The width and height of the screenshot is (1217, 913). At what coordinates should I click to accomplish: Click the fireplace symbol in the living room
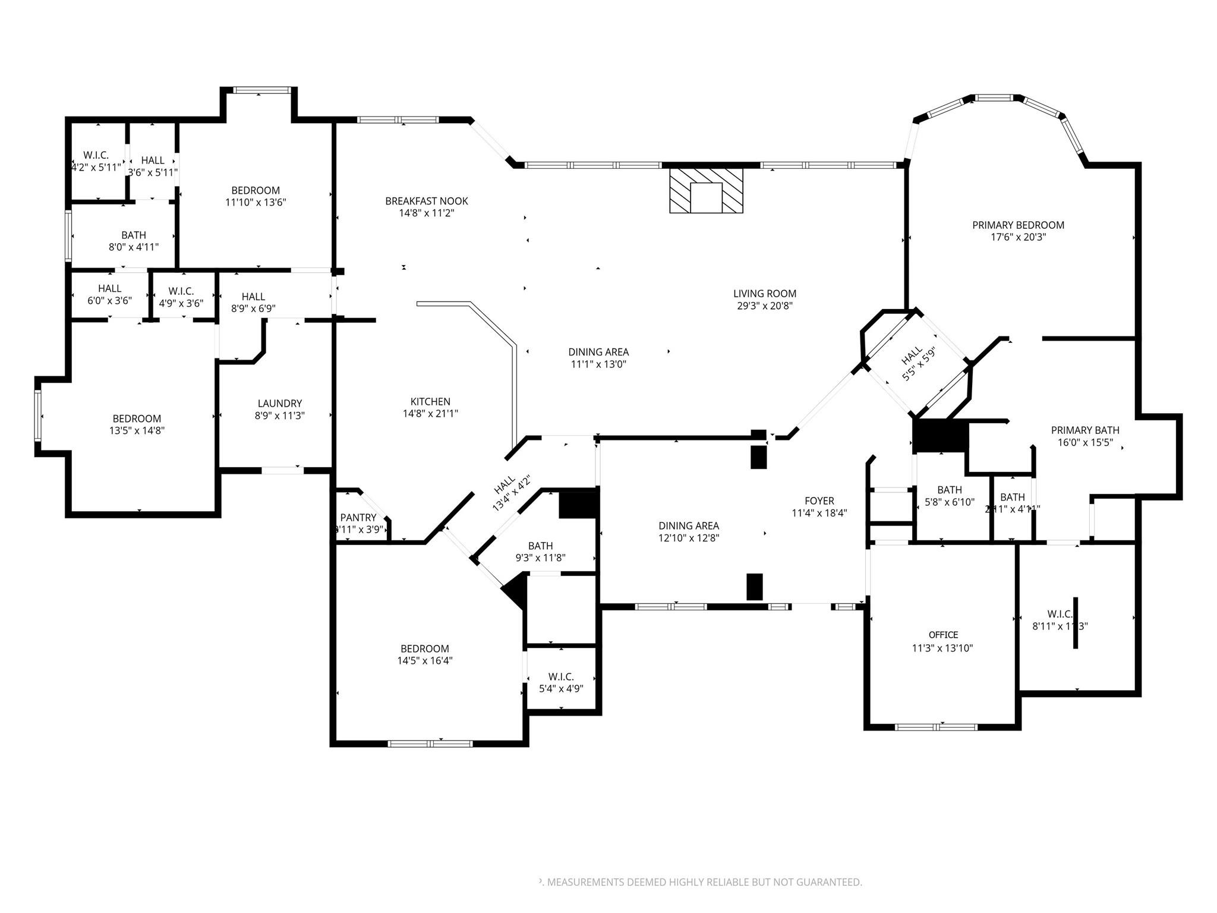click(x=706, y=191)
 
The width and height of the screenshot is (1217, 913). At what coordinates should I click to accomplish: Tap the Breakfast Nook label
click(x=426, y=201)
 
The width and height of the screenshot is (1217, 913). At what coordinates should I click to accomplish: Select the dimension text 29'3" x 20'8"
click(x=764, y=306)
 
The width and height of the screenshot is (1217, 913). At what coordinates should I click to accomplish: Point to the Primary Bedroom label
click(x=1018, y=225)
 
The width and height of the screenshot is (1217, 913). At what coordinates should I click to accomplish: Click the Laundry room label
click(x=279, y=404)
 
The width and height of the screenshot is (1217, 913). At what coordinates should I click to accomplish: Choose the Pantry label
click(x=358, y=518)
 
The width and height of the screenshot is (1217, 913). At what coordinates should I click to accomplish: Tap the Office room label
click(x=943, y=635)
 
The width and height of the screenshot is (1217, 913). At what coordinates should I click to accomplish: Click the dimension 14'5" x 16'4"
click(x=425, y=660)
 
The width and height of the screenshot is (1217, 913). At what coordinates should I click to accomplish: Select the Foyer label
click(x=819, y=501)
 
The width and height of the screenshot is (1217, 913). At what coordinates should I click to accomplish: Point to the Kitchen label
click(x=430, y=402)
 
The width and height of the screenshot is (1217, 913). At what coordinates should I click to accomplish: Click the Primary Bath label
click(x=1084, y=430)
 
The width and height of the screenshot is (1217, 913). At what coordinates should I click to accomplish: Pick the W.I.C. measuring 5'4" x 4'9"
click(x=561, y=682)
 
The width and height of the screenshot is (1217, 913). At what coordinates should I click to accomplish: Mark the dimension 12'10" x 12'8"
click(x=688, y=539)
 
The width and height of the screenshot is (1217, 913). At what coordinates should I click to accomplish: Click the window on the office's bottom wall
click(x=936, y=726)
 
